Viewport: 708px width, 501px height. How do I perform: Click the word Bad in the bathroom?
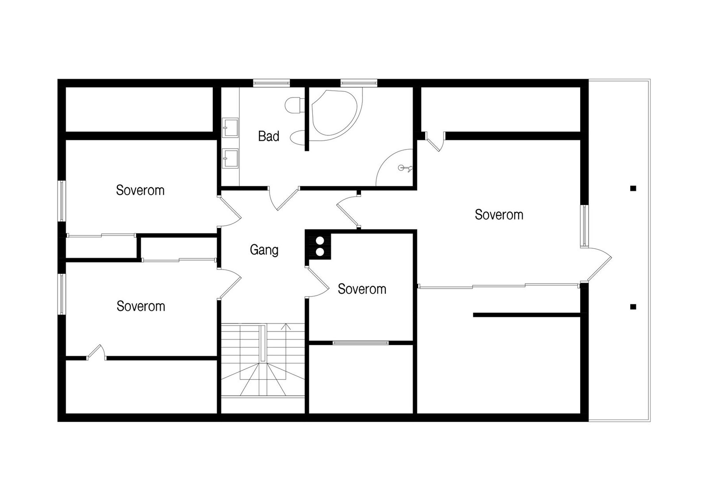pyautogui.click(x=269, y=136)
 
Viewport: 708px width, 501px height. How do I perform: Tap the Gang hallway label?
pyautogui.click(x=264, y=250)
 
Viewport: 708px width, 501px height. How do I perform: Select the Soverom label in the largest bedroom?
pyautogui.click(x=499, y=215)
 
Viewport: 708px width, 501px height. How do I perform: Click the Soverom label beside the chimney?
pyautogui.click(x=362, y=289)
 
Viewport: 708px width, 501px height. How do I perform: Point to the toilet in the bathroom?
pyautogui.click(x=293, y=105)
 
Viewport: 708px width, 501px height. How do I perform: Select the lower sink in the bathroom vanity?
pyautogui.click(x=230, y=158)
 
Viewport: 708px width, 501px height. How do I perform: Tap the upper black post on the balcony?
pyautogui.click(x=633, y=188)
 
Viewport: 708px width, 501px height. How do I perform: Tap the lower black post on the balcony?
pyautogui.click(x=633, y=307)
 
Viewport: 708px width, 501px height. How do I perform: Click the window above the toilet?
pyautogui.click(x=271, y=82)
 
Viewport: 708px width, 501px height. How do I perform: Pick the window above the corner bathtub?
pyautogui.click(x=358, y=82)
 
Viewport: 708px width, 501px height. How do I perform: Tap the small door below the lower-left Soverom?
pyautogui.click(x=96, y=352)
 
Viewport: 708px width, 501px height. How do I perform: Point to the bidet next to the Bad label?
pyautogui.click(x=297, y=138)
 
